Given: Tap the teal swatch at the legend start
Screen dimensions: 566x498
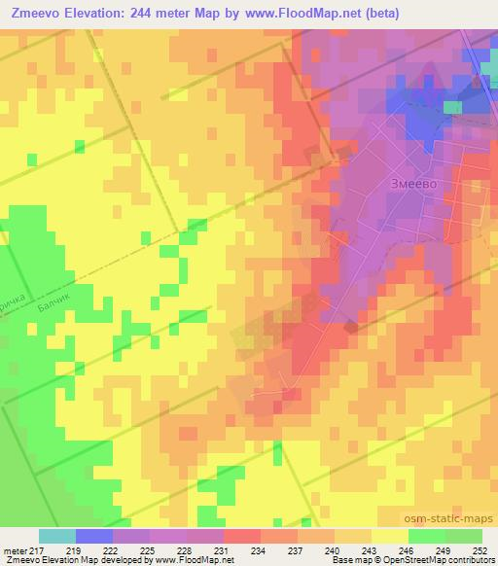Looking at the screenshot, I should [56, 536].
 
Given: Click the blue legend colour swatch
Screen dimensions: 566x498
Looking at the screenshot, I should [93, 536].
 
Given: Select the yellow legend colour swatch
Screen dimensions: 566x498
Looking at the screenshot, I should [389, 536].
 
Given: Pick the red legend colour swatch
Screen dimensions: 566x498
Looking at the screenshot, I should [241, 536].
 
